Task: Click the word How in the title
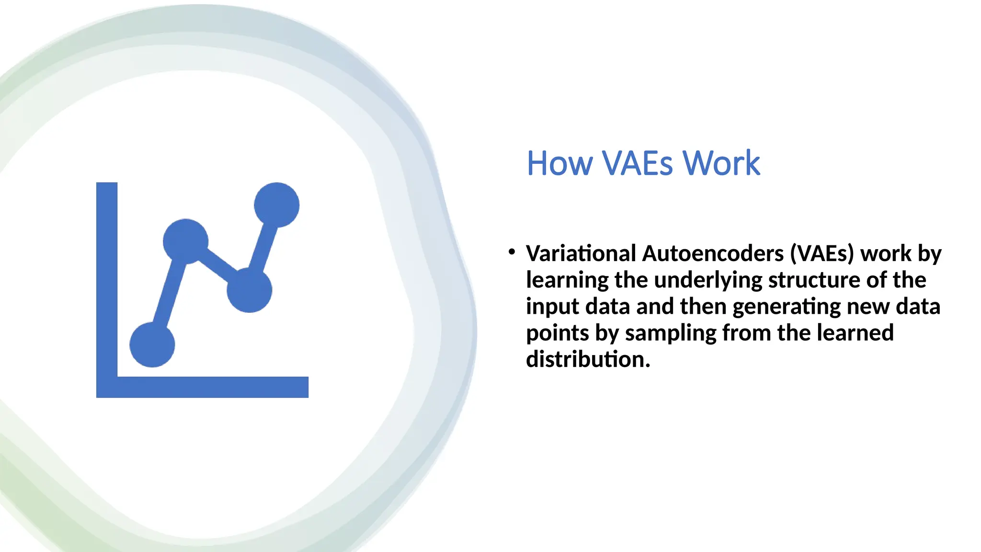559,164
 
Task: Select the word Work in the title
721,164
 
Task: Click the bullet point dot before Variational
512,252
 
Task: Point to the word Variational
581,253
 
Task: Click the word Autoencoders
712,253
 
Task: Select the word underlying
708,280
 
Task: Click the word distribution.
588,359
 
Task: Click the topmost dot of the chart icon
276,205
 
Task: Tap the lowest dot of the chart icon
152,345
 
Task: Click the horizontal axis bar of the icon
211,387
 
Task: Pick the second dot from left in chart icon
186,241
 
